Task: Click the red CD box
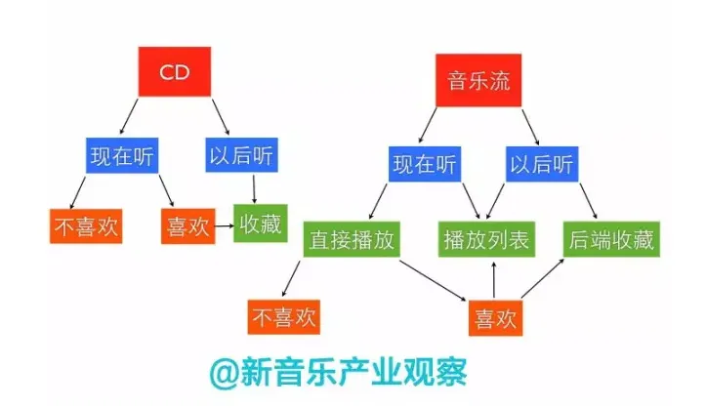(174, 71)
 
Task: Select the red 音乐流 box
(478, 80)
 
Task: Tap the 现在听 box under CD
(122, 155)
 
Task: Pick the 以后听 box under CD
(241, 155)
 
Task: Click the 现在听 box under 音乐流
(425, 164)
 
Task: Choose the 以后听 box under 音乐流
(542, 164)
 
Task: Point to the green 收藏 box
(261, 224)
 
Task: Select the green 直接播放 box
(352, 239)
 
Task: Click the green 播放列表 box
(486, 239)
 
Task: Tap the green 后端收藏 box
(611, 239)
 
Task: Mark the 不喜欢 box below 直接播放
(283, 317)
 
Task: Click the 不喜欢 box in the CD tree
(86, 226)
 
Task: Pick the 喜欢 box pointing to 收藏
(188, 225)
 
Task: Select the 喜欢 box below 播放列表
(495, 318)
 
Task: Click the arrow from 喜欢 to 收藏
(225, 225)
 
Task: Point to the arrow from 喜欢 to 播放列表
(494, 279)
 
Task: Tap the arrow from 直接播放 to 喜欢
(434, 281)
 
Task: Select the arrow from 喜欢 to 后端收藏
(543, 278)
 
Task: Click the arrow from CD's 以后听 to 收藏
(254, 189)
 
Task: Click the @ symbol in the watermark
(224, 373)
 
